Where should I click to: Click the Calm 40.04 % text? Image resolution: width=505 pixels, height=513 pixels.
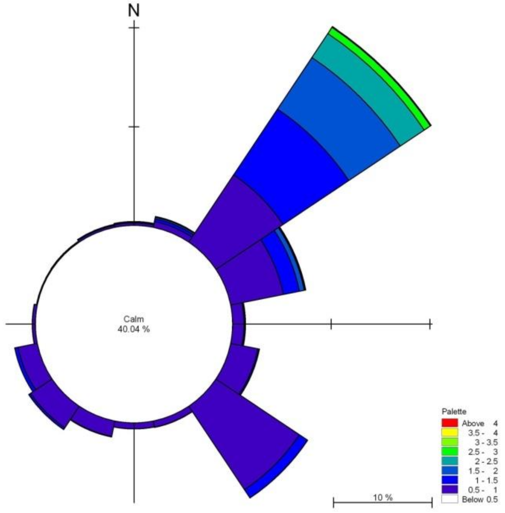(134, 324)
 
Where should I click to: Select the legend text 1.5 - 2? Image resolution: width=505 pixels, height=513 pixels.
(483, 471)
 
